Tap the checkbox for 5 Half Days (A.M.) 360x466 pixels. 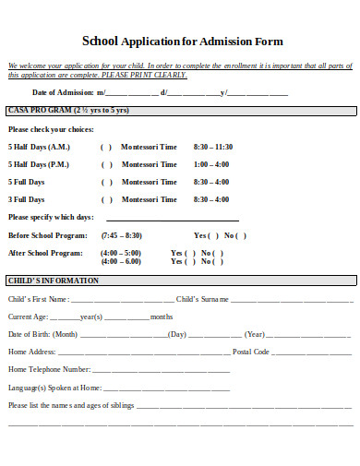(106, 148)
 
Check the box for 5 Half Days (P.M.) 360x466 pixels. (106, 165)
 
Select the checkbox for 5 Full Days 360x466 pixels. (106, 183)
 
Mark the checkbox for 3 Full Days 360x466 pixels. (106, 199)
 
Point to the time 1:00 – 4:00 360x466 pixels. (211, 165)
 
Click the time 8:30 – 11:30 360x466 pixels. (213, 148)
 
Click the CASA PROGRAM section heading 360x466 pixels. (55, 111)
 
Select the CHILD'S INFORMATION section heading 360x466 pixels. (54, 281)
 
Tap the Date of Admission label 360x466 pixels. (63, 93)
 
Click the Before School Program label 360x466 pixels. (47, 235)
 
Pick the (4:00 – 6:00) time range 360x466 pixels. (121, 262)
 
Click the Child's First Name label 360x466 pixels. (38, 300)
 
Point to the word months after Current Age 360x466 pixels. (162, 317)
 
